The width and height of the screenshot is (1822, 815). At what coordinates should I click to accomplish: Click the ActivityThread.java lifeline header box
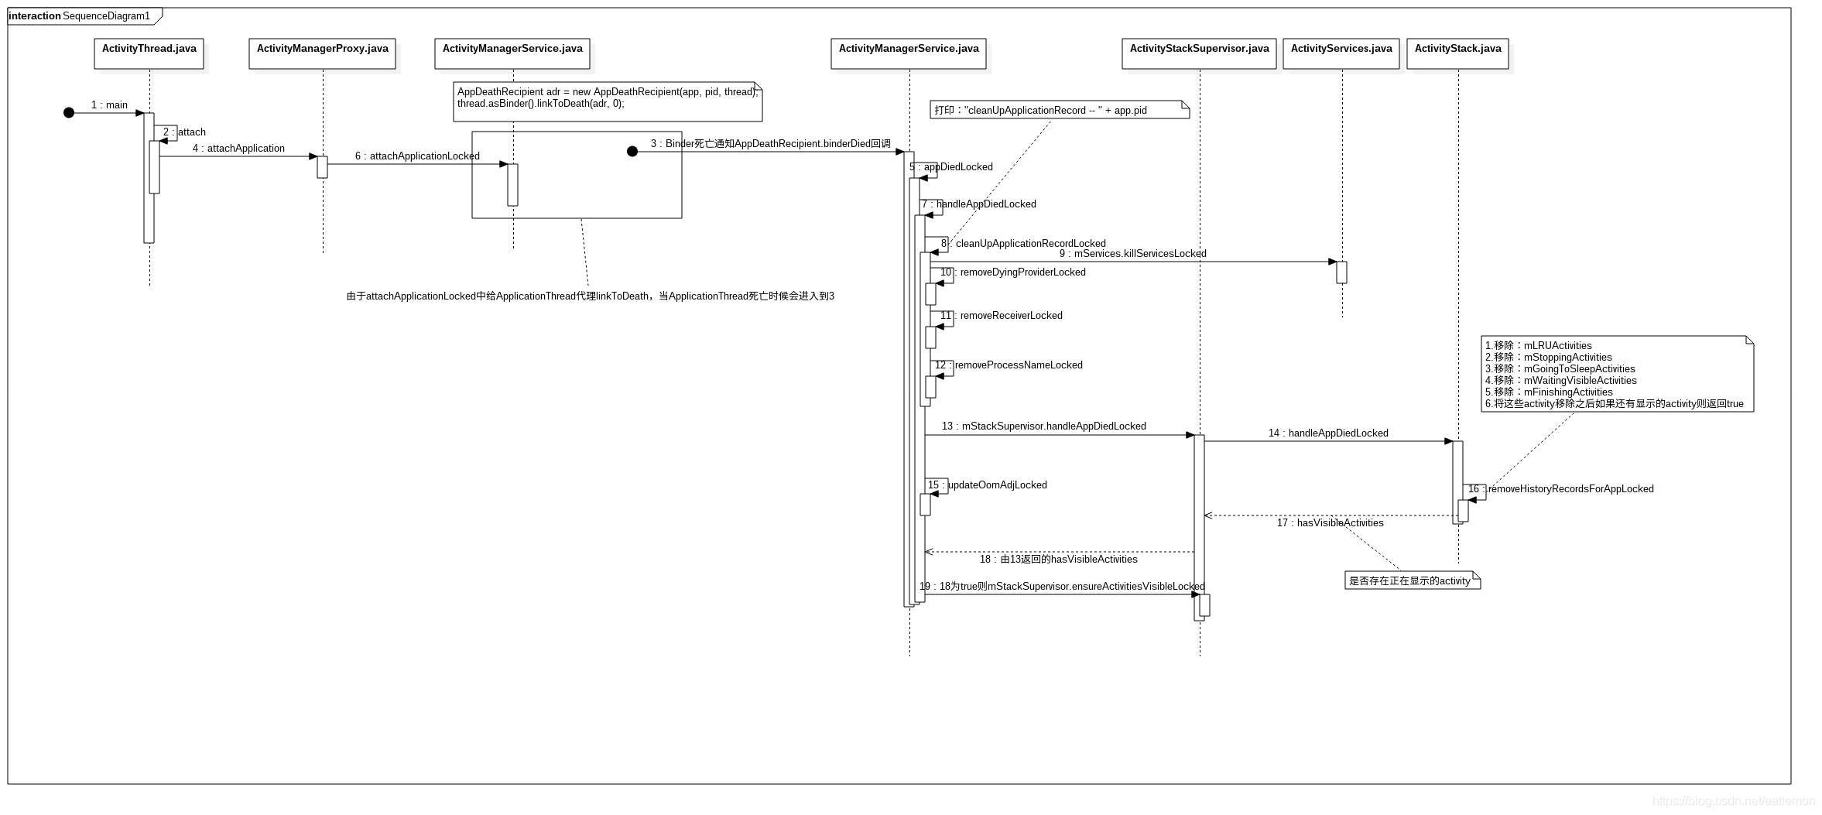pyautogui.click(x=149, y=53)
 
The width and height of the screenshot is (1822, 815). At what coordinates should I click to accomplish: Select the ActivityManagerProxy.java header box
pyautogui.click(x=322, y=53)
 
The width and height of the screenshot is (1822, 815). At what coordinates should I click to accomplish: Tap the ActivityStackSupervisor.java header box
pyautogui.click(x=1199, y=53)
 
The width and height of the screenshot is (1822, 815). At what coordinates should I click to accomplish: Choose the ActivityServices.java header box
pyautogui.click(x=1341, y=53)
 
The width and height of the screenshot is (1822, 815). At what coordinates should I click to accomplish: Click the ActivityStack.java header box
pyautogui.click(x=1457, y=53)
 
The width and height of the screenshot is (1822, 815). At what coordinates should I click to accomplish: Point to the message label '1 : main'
pyautogui.click(x=109, y=104)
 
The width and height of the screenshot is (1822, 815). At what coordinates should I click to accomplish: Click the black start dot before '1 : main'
pyautogui.click(x=69, y=113)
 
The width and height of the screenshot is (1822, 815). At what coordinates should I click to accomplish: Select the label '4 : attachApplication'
pyautogui.click(x=238, y=148)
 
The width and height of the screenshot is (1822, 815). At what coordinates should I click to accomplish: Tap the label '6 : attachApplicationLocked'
pyautogui.click(x=417, y=156)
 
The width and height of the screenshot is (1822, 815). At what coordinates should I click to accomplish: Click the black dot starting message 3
pyautogui.click(x=632, y=152)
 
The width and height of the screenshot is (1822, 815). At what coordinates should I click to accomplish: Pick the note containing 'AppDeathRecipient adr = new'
pyautogui.click(x=608, y=101)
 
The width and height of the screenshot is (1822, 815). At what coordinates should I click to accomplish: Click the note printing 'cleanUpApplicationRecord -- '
pyautogui.click(x=1059, y=110)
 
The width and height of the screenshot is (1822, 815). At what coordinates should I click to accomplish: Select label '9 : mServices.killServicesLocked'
pyautogui.click(x=1132, y=253)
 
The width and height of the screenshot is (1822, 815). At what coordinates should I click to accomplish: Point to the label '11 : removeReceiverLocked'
pyautogui.click(x=1001, y=315)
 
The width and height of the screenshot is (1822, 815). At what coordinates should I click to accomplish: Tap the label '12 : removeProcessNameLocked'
pyautogui.click(x=1009, y=365)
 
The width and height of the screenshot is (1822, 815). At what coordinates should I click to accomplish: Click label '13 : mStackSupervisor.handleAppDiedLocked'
pyautogui.click(x=1043, y=426)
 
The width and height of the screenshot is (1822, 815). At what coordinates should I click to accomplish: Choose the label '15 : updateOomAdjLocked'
pyautogui.click(x=987, y=485)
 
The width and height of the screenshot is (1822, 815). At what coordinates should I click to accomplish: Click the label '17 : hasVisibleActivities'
pyautogui.click(x=1330, y=522)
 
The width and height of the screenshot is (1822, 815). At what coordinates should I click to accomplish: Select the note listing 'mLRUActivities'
pyautogui.click(x=1616, y=374)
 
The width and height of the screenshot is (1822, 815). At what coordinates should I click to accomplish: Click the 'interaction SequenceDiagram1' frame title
pyautogui.click(x=80, y=15)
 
